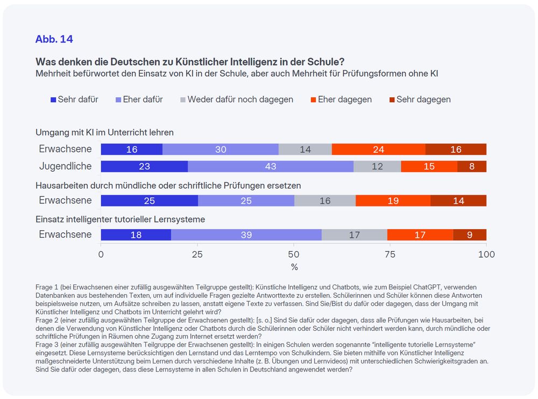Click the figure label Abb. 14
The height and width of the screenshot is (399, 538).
click(54, 39)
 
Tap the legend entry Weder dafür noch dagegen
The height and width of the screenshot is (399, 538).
click(237, 99)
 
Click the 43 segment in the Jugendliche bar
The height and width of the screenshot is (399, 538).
click(271, 167)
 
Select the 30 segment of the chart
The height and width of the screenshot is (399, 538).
click(221, 149)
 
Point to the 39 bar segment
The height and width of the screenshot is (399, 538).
click(246, 235)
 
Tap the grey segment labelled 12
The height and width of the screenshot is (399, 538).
click(377, 167)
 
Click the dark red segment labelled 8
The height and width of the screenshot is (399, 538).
click(472, 167)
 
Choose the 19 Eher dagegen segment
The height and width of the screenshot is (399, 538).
click(393, 201)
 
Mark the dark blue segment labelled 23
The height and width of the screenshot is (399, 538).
click(144, 167)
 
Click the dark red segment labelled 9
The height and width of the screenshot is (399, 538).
click(470, 235)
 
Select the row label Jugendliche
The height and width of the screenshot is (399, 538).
click(66, 166)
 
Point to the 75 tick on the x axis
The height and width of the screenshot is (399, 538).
click(390, 254)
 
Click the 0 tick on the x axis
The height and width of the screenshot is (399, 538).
click(101, 254)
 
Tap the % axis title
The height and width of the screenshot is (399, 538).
click(294, 267)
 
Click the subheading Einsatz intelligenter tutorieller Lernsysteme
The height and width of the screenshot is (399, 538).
click(121, 219)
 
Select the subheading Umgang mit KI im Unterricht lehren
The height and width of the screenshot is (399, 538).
click(104, 132)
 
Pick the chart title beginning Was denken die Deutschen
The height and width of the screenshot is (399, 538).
click(190, 62)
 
